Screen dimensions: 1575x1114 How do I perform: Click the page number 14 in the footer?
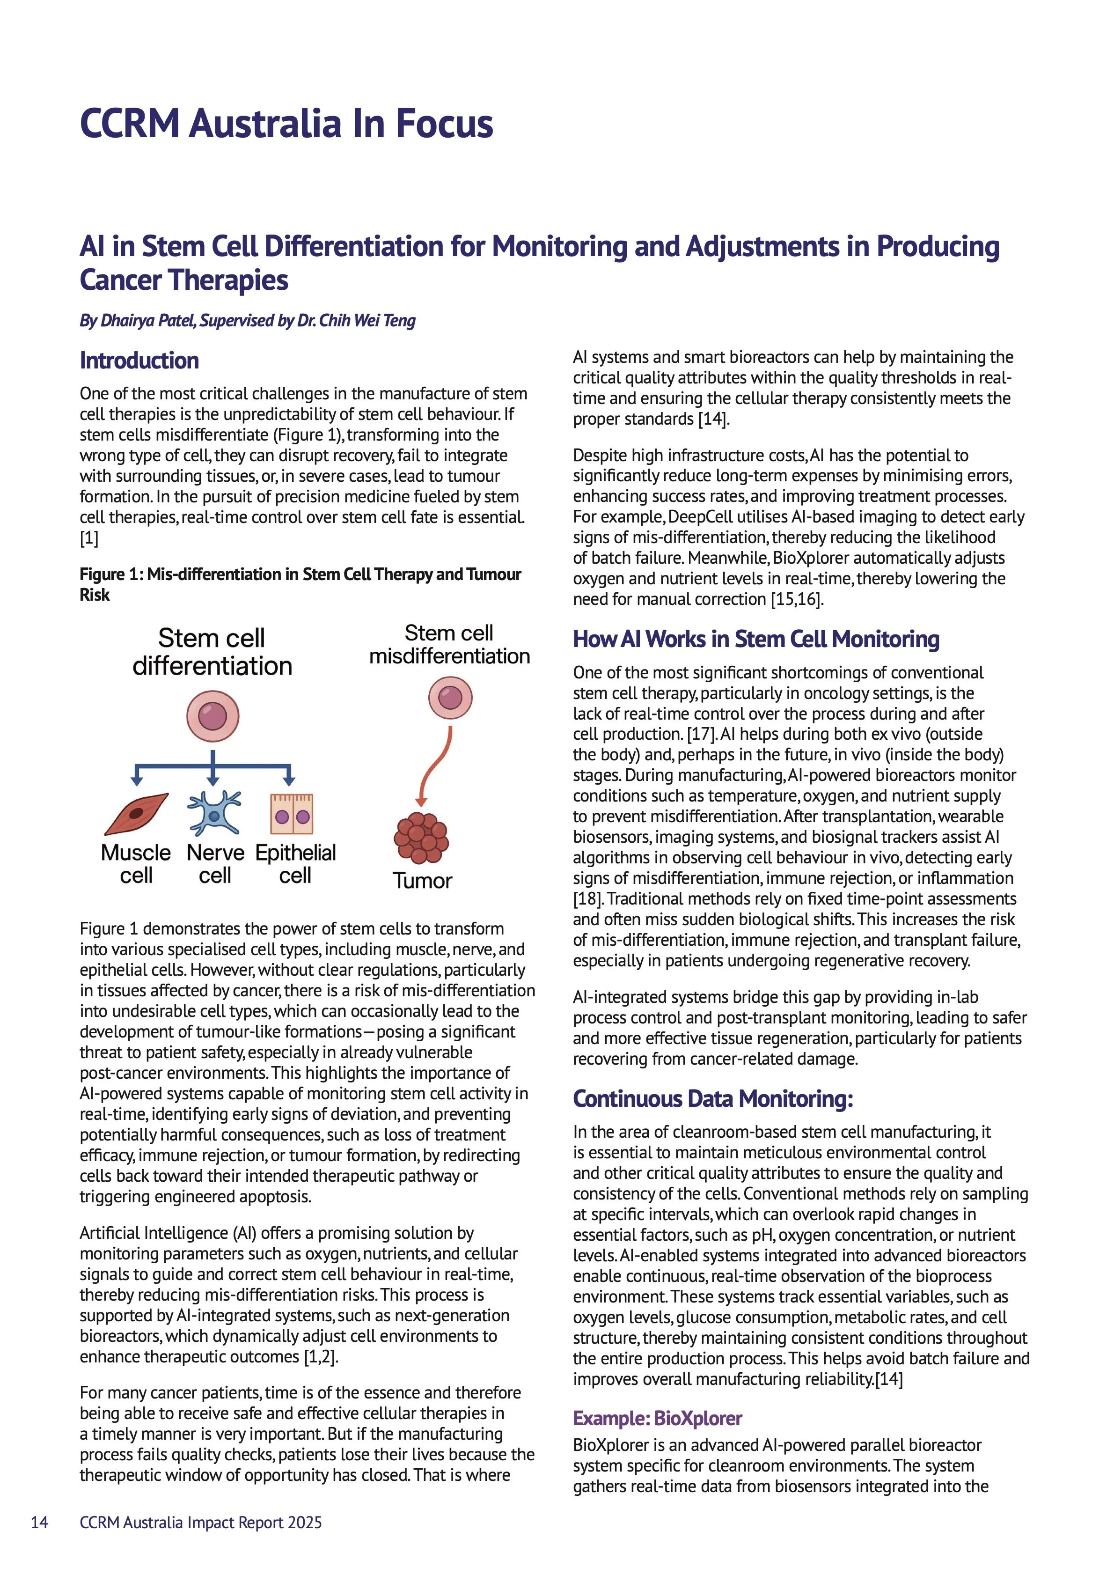click(x=40, y=1522)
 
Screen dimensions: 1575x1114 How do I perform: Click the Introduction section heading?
click(x=139, y=361)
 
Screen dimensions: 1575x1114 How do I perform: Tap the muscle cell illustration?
click(x=137, y=814)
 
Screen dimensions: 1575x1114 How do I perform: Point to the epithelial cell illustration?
click(x=292, y=814)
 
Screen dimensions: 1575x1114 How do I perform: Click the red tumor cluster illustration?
click(x=421, y=838)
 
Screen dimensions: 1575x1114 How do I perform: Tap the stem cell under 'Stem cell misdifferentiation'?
click(x=450, y=697)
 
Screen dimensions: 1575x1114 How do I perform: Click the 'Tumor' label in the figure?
click(x=422, y=881)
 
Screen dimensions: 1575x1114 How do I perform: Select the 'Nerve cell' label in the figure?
click(x=215, y=864)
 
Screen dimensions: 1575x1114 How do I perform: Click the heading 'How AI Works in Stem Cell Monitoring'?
click(x=756, y=640)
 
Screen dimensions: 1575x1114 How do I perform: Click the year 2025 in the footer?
click(x=305, y=1522)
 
